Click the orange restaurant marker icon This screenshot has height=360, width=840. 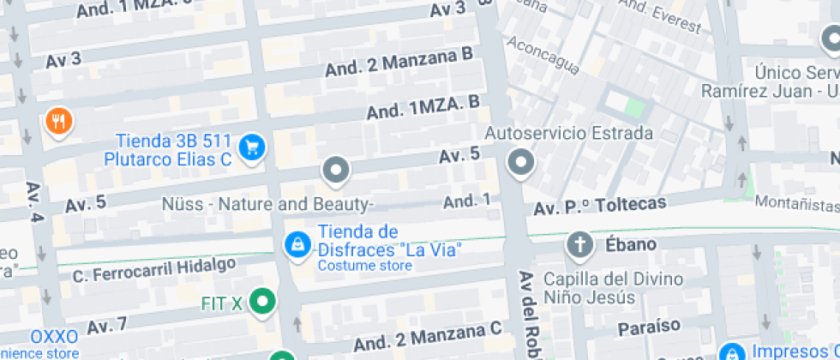58,122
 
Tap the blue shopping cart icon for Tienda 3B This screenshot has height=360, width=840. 252,147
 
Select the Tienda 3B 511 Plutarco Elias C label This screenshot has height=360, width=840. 174,149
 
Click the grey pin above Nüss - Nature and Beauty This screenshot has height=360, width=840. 335,170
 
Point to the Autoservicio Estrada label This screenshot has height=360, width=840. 569,134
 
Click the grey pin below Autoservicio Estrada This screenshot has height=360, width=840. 520,162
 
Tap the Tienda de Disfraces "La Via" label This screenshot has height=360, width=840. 390,241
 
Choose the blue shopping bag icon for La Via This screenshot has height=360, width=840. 297,244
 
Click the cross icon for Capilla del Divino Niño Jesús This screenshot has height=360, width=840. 579,245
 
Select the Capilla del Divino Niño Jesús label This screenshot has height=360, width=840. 614,288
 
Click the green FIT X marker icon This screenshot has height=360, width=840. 265,301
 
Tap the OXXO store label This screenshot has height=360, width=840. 54,336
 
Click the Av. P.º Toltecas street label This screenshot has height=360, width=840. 600,207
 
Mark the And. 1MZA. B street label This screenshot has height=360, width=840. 423,108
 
